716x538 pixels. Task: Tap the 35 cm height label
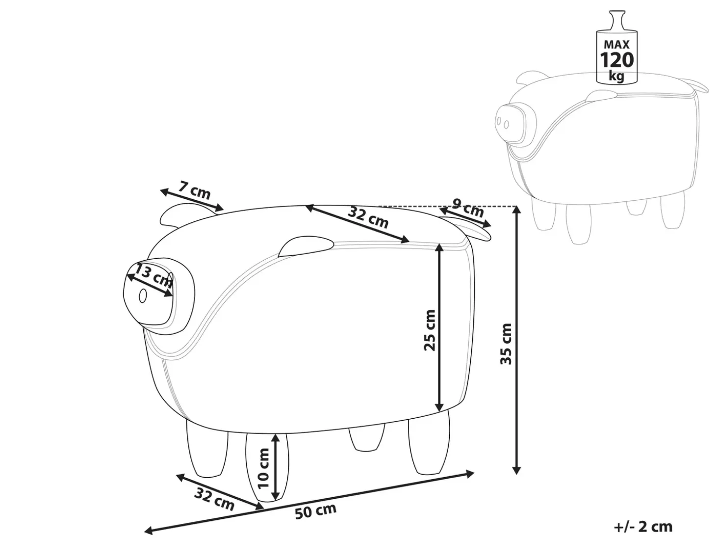click(x=506, y=344)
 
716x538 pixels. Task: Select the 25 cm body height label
click(x=430, y=330)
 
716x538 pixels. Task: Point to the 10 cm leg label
click(x=263, y=468)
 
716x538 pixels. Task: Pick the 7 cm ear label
click(x=194, y=190)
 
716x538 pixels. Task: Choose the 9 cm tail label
click(x=468, y=208)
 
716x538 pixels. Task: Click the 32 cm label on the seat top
click(x=368, y=217)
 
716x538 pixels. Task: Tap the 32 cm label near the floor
click(x=214, y=499)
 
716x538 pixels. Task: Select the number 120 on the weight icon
click(x=617, y=60)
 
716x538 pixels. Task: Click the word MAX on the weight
click(x=617, y=44)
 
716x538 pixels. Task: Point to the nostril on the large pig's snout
click(x=143, y=296)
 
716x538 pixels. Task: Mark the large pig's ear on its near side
click(x=306, y=246)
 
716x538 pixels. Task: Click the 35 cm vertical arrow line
click(x=516, y=340)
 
